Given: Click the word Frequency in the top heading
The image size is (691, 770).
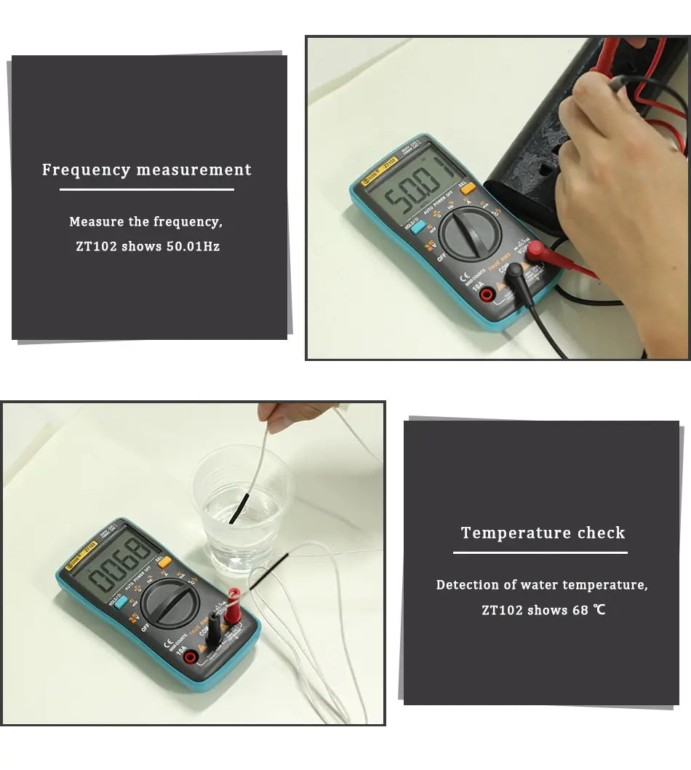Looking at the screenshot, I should (x=87, y=170).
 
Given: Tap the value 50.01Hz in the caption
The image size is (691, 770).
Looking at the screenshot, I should (x=193, y=247).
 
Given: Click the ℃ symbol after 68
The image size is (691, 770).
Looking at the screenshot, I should (x=599, y=610).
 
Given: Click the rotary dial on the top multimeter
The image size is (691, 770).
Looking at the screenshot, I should (x=468, y=233).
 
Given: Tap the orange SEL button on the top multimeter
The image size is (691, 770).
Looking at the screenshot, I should (x=468, y=188).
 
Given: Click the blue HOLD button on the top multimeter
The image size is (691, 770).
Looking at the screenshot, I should (x=418, y=226).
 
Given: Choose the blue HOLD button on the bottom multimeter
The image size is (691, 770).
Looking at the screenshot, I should (x=121, y=601).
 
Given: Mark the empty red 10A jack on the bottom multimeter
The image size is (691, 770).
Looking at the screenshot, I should (x=191, y=657).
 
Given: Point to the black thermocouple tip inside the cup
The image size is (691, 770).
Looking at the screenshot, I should (x=240, y=507).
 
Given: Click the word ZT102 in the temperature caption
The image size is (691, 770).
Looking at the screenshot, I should (x=502, y=610).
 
